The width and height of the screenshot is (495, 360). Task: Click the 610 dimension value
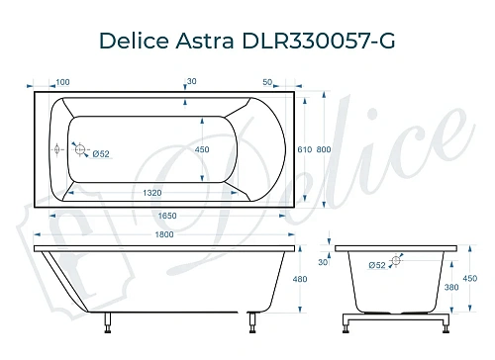pos(305,149)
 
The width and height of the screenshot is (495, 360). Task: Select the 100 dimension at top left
pos(63,82)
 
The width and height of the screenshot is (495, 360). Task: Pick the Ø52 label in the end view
pos(376,264)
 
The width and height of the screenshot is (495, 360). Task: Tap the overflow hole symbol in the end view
pos(396,262)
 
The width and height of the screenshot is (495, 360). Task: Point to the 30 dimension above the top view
pos(191,82)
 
